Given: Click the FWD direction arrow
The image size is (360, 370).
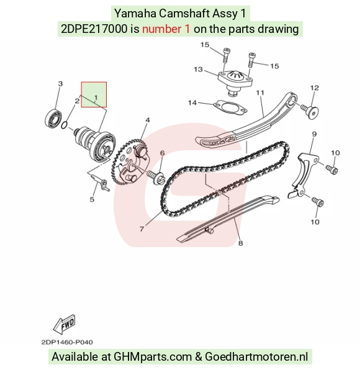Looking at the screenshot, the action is (x=64, y=324).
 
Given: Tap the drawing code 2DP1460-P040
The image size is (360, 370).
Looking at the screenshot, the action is (x=67, y=342).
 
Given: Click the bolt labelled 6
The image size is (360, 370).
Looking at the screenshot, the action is (x=156, y=177).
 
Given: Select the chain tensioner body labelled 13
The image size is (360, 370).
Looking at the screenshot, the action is (x=235, y=81).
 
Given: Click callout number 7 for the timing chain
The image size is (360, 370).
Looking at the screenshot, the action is (x=142, y=229).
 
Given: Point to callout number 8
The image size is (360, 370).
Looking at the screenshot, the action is (x=240, y=243).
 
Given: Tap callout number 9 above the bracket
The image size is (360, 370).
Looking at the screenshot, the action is (x=314, y=134).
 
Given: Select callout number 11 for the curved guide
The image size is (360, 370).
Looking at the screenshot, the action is (x=260, y=92).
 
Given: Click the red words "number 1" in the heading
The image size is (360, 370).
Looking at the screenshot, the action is (x=166, y=29).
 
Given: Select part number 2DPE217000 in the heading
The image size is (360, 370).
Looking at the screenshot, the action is (x=94, y=29).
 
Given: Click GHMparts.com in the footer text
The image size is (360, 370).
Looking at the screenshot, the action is (x=153, y=357).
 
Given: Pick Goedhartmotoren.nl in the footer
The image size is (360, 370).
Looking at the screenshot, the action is (x=256, y=356).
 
